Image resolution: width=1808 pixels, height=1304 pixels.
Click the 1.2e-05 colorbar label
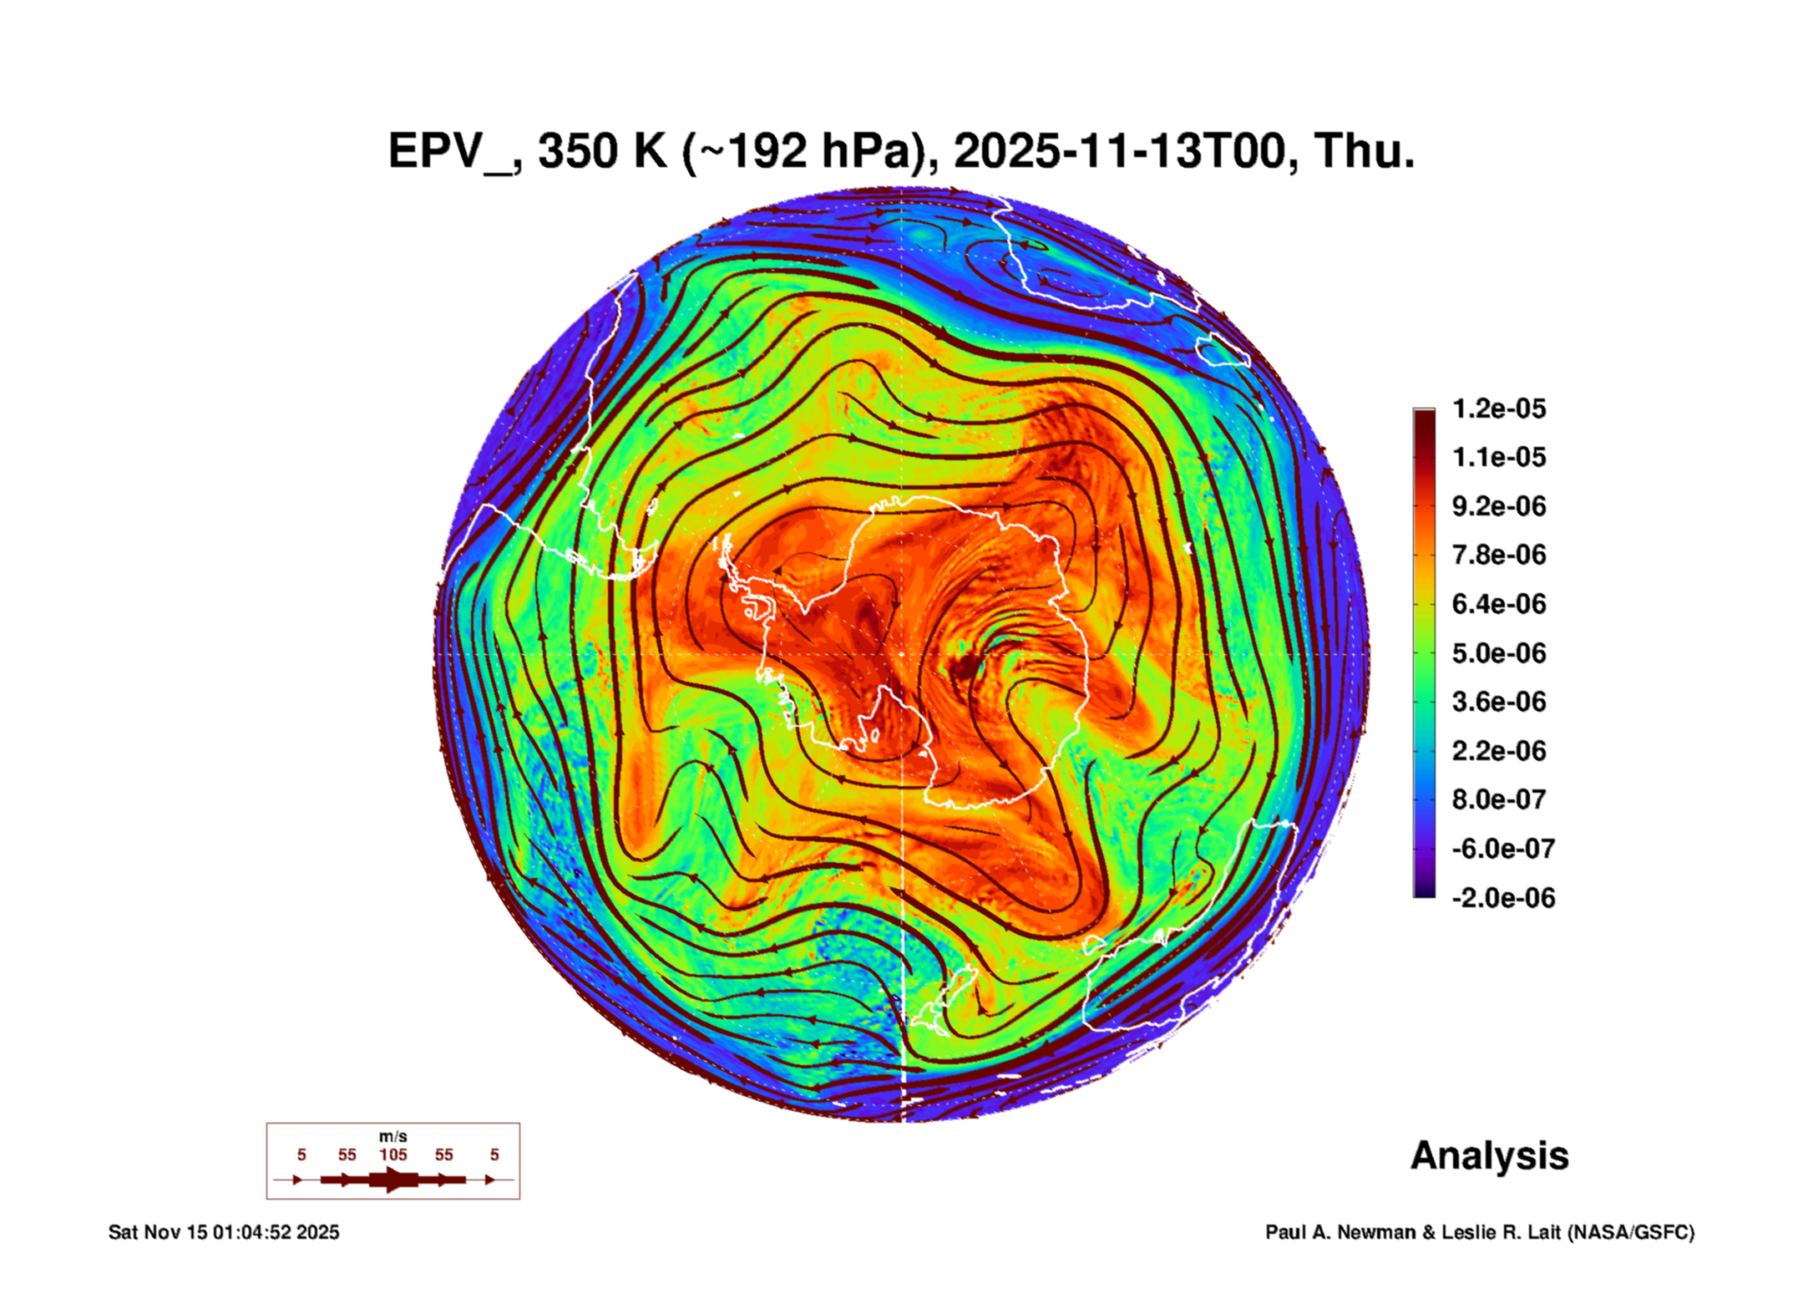click(x=1499, y=408)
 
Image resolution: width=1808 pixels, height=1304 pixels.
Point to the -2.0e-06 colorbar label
click(x=1503, y=898)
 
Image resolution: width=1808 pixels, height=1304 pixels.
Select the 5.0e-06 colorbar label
click(x=1499, y=653)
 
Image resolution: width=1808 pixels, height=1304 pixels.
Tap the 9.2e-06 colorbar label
click(x=1499, y=506)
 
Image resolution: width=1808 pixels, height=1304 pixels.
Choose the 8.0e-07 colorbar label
click(x=1499, y=799)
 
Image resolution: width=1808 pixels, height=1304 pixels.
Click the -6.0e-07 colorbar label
click(x=1503, y=849)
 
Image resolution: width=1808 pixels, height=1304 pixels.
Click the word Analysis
click(x=1489, y=1155)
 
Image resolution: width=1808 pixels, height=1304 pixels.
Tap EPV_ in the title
click(x=450, y=152)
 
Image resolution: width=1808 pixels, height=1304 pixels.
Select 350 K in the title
click(x=602, y=152)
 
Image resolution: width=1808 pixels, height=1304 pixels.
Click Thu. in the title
click(x=1364, y=152)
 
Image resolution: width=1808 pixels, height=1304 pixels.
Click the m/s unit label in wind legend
click(x=392, y=1136)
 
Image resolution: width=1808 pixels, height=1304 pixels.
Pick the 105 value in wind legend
click(x=392, y=1154)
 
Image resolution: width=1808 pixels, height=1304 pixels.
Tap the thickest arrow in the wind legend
click(x=392, y=1180)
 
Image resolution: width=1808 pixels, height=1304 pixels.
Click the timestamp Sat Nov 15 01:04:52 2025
click(x=224, y=1232)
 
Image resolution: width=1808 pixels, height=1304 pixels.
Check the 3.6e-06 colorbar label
click(x=1499, y=702)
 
